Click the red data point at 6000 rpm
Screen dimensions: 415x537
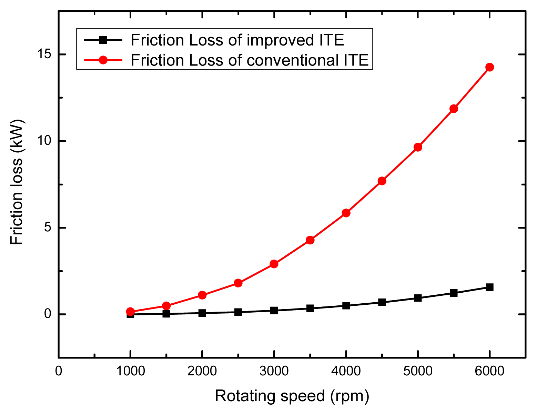(489, 67)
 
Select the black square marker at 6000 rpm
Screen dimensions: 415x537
(489, 287)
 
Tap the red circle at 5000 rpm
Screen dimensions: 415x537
(418, 147)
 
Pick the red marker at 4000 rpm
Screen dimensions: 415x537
(346, 213)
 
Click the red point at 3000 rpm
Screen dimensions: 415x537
(274, 264)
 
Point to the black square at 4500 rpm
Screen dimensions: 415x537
(382, 302)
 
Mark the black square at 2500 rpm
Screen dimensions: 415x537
(238, 312)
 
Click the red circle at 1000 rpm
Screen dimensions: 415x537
(130, 312)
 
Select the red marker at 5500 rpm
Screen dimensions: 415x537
(454, 109)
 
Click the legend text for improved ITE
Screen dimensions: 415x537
(237, 40)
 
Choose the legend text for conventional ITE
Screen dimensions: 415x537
(250, 60)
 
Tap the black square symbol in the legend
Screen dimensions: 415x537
(103, 40)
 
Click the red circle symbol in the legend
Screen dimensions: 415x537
(103, 60)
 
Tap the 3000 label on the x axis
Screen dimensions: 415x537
(274, 371)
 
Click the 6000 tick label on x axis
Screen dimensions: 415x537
(489, 371)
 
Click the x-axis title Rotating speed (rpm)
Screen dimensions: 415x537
(292, 396)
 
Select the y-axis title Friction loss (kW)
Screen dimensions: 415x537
(16, 182)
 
